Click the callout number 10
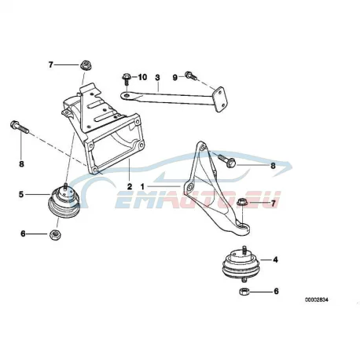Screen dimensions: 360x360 click(x=142, y=77)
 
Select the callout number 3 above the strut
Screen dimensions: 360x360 click(x=157, y=77)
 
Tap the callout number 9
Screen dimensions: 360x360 click(x=175, y=77)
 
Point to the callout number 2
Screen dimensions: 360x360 click(x=130, y=187)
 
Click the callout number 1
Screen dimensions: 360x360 click(x=142, y=186)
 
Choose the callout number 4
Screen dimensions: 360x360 click(x=275, y=259)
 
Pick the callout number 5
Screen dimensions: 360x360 click(x=21, y=194)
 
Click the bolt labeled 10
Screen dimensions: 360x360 click(x=126, y=79)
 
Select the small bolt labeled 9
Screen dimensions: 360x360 click(x=191, y=75)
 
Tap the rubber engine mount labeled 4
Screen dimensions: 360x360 click(x=240, y=265)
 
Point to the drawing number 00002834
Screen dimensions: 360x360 click(x=316, y=299)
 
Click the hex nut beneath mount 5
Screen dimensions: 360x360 click(x=55, y=234)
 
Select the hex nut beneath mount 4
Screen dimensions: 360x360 click(x=244, y=292)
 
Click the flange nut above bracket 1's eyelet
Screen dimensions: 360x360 click(x=241, y=203)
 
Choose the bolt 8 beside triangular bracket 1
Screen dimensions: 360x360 click(x=226, y=160)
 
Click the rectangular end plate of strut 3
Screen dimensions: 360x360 click(x=219, y=99)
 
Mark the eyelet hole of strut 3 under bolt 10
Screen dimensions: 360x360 click(x=127, y=96)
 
